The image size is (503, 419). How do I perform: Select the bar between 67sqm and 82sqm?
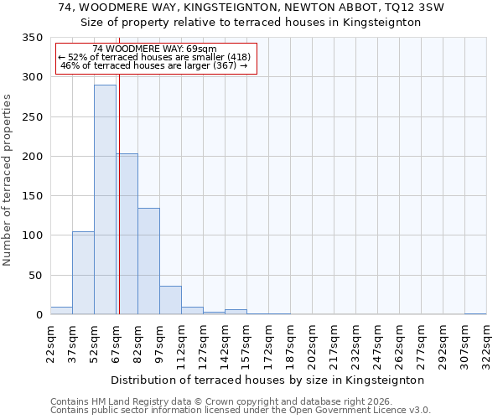[127, 235]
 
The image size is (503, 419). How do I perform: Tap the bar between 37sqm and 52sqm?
[83, 273]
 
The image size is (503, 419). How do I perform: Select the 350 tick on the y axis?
[33, 38]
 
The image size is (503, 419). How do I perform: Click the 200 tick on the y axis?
[33, 157]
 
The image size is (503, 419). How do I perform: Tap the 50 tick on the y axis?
[36, 275]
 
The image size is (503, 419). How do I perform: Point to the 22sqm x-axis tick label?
[51, 342]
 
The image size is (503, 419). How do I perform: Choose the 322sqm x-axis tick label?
[487, 342]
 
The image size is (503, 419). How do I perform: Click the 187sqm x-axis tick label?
[291, 342]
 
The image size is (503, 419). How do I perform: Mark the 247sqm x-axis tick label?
[378, 342]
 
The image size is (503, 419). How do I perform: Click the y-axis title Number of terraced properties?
[8, 179]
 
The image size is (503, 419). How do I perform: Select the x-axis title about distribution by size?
[267, 380]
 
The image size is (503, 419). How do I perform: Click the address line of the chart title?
[251, 8]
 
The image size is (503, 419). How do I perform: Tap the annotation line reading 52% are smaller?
[154, 57]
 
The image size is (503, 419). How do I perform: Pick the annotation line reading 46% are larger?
[154, 65]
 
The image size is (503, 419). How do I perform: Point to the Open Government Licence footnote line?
[241, 410]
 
